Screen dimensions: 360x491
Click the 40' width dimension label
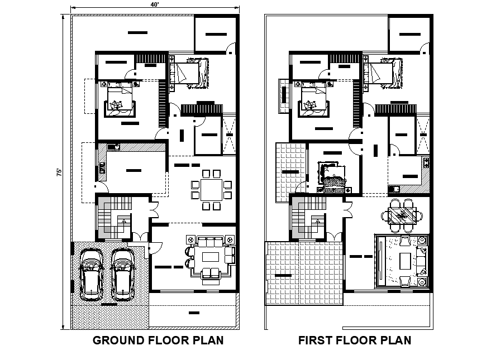click(153, 3)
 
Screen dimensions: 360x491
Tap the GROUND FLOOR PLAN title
click(158, 340)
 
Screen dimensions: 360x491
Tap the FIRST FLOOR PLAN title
click(355, 340)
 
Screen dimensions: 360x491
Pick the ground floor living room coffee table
click(211, 257)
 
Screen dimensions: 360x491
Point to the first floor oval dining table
click(402, 215)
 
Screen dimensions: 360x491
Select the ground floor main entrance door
click(155, 246)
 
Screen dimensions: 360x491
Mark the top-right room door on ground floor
click(230, 49)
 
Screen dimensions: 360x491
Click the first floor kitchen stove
click(426, 163)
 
